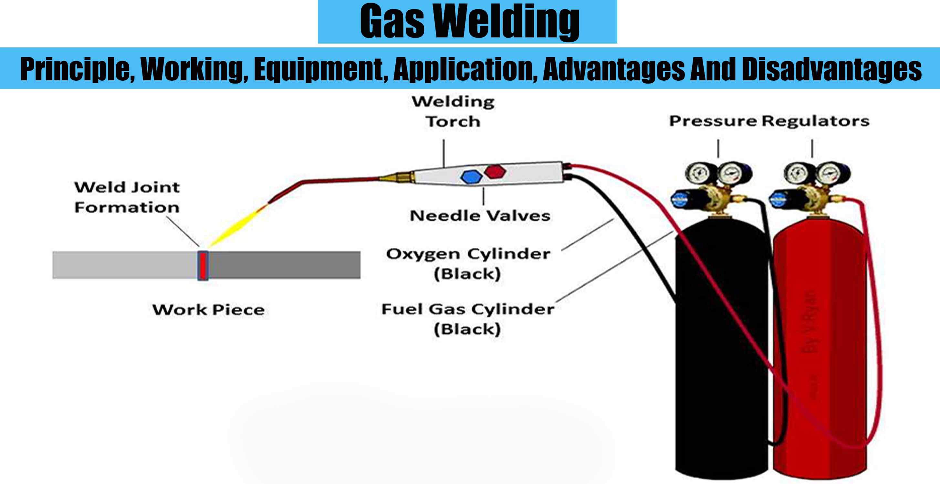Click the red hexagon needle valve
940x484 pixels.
[495, 171]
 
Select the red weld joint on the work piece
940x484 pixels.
[203, 265]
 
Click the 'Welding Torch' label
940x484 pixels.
[453, 112]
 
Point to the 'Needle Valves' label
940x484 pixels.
[480, 216]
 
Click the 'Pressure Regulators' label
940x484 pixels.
[769, 121]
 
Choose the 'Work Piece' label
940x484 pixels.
[208, 310]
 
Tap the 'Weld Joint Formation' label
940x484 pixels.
[127, 197]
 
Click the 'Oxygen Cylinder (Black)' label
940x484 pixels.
[468, 264]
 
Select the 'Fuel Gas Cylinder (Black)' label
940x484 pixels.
[468, 319]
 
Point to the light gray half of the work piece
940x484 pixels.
[124, 265]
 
